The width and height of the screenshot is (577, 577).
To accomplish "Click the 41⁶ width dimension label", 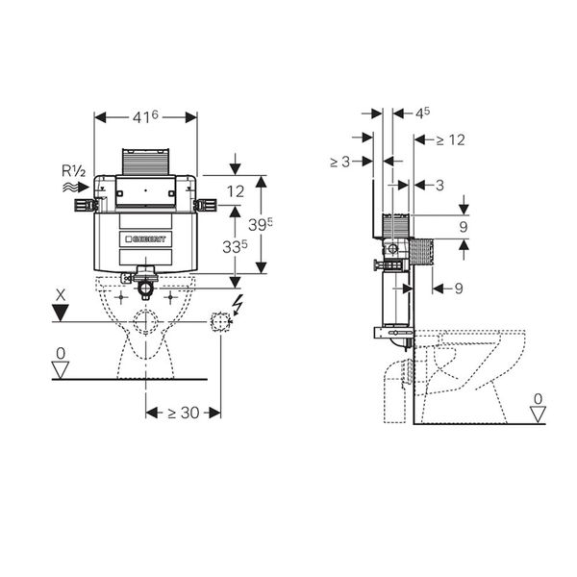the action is [145, 117].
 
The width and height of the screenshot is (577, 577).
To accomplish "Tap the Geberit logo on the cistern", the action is [146, 239].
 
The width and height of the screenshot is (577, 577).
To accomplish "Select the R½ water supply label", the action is [74, 171].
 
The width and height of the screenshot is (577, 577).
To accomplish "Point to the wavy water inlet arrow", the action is [76, 188].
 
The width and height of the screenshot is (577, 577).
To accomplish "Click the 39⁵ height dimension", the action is [261, 224].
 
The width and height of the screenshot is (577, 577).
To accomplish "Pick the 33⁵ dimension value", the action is [235, 247].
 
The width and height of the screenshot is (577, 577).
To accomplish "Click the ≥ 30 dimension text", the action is [184, 413].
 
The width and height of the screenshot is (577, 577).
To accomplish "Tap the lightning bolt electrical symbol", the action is [238, 305].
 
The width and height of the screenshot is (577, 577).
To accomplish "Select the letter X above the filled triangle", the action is [61, 295].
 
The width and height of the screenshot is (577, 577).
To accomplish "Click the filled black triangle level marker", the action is [61, 313].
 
